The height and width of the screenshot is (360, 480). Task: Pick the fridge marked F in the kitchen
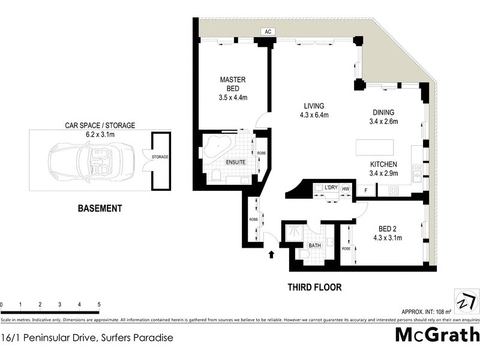pyautogui.click(x=365, y=190)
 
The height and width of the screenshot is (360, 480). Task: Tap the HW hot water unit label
pyautogui.click(x=345, y=188)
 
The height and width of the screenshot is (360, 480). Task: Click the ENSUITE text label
pyautogui.click(x=236, y=162)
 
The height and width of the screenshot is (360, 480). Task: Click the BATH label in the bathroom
pyautogui.click(x=314, y=246)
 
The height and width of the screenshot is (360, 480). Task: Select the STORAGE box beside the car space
pyautogui.click(x=160, y=158)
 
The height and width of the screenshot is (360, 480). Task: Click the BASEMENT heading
pyautogui.click(x=100, y=209)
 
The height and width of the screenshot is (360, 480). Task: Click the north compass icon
pyautogui.click(x=467, y=299)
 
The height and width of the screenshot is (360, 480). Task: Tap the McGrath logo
pyautogui.click(x=437, y=335)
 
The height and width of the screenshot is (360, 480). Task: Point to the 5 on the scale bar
pyautogui.click(x=98, y=305)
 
